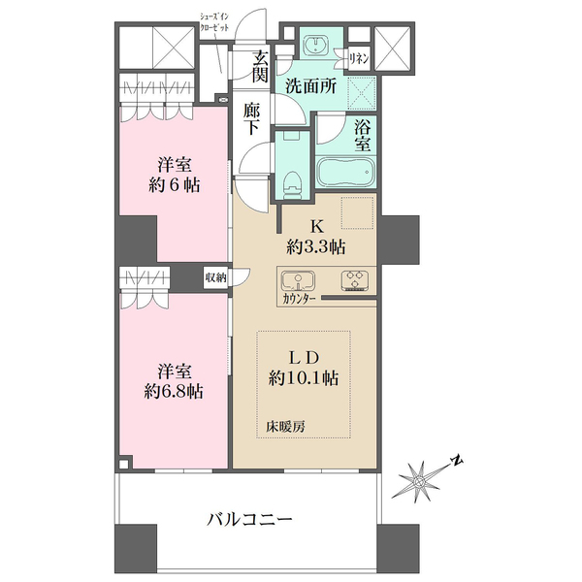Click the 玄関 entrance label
coord(260,65)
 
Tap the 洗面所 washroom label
coord(310,85)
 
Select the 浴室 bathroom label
coord(363,136)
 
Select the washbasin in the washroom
coord(315,47)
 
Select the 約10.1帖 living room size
coord(305,378)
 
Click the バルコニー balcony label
coord(249,519)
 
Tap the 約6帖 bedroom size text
coord(176,183)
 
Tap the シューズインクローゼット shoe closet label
coord(214,22)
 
